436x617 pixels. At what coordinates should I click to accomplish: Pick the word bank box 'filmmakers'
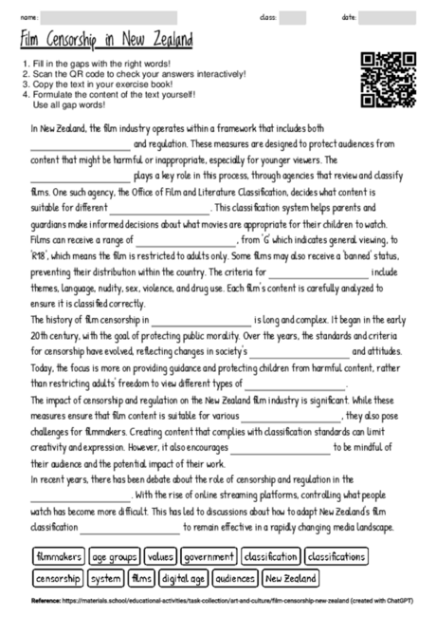tap(57, 557)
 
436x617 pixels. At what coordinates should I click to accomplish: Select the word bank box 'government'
tap(209, 557)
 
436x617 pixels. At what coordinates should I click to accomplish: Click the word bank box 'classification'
tap(270, 557)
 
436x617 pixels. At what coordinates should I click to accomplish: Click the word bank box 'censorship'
tap(59, 577)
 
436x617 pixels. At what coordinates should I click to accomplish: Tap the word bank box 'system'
tap(106, 577)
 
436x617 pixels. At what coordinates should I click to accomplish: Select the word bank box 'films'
tap(141, 577)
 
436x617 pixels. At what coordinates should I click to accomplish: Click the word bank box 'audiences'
tap(234, 577)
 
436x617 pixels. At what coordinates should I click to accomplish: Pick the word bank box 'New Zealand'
tap(290, 577)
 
